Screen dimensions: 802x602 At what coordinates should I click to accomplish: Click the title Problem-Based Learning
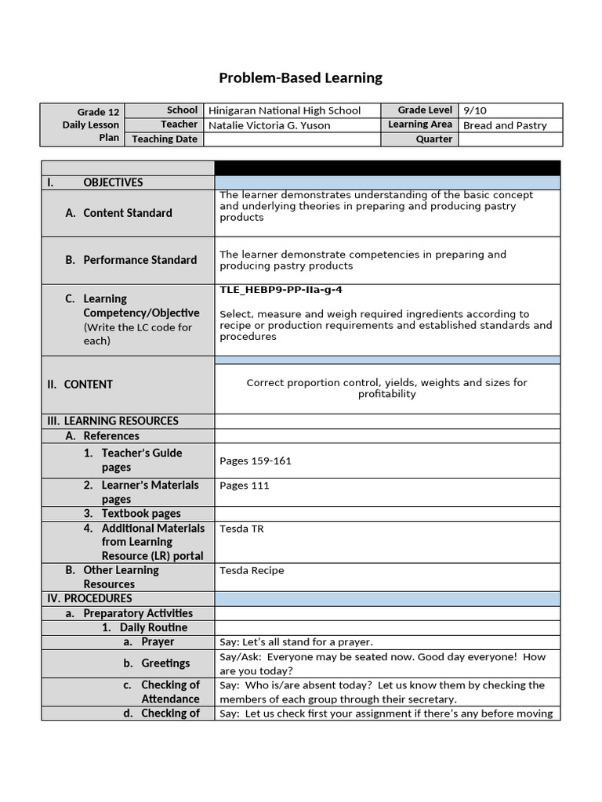(300, 78)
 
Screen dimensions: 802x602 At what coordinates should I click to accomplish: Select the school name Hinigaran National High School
(285, 110)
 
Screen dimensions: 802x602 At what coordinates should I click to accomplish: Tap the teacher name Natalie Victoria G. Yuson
(269, 125)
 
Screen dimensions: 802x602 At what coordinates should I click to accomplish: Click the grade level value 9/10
(475, 110)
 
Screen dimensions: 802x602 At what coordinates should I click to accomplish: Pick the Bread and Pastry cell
(505, 125)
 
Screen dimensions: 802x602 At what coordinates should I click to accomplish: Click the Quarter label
(433, 139)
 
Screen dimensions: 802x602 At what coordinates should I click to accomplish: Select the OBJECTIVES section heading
(113, 182)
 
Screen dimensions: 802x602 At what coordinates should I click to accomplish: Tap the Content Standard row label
(127, 213)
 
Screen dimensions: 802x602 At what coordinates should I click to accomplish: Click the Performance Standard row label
(140, 260)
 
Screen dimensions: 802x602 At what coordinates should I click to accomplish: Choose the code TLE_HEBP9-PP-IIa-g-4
(281, 290)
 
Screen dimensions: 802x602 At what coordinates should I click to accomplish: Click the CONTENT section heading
(88, 385)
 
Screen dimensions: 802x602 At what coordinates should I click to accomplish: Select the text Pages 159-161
(256, 461)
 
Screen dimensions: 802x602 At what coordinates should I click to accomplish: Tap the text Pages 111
(245, 486)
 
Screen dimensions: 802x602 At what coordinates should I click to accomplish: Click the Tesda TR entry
(241, 529)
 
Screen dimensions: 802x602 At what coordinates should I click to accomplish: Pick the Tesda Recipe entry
(252, 570)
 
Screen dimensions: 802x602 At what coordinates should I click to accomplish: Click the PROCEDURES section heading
(97, 598)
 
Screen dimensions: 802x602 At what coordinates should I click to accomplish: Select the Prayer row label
(158, 641)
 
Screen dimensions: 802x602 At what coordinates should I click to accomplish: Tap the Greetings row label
(165, 663)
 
